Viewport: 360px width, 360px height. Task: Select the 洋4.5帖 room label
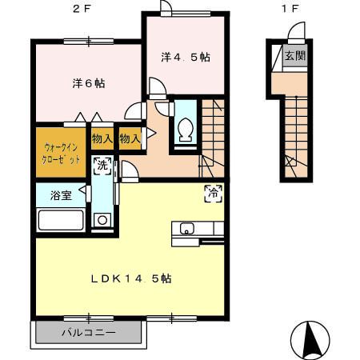[x=185, y=57]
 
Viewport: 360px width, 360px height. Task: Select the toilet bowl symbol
[x=186, y=128]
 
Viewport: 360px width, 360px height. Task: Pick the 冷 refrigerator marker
[x=214, y=192]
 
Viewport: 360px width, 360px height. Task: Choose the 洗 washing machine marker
[x=102, y=166]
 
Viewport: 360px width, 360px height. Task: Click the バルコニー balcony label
[x=89, y=332]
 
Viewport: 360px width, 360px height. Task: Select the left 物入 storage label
[x=102, y=138]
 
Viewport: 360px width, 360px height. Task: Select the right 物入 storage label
[x=129, y=138]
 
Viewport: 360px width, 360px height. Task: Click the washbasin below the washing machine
[x=102, y=220]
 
